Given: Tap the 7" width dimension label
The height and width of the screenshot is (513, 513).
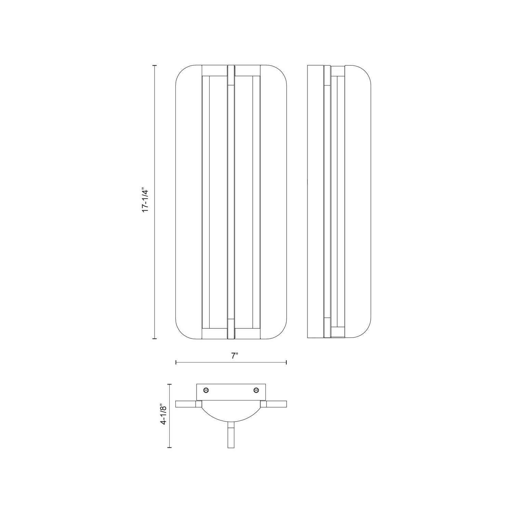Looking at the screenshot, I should (x=234, y=356).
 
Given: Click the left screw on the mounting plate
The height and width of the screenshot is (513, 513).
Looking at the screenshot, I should (x=206, y=390).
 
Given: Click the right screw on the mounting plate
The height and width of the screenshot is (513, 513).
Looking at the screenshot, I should (x=256, y=390).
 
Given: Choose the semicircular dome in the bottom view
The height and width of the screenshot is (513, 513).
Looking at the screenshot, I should (x=231, y=412).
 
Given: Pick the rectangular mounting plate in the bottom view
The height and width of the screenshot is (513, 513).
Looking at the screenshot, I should (x=231, y=392).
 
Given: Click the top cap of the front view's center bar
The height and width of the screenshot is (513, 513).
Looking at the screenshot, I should (x=231, y=73).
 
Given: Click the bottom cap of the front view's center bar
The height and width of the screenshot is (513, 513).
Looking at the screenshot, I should (x=231, y=330).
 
